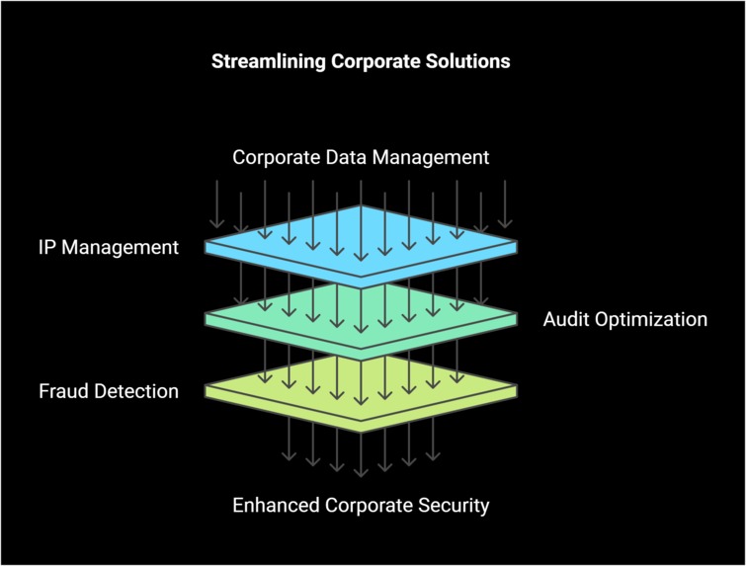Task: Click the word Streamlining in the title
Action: click(x=262, y=61)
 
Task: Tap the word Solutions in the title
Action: click(x=471, y=61)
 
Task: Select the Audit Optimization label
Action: click(x=625, y=319)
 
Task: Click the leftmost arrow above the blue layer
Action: click(x=216, y=205)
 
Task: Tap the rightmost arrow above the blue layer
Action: click(x=505, y=205)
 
